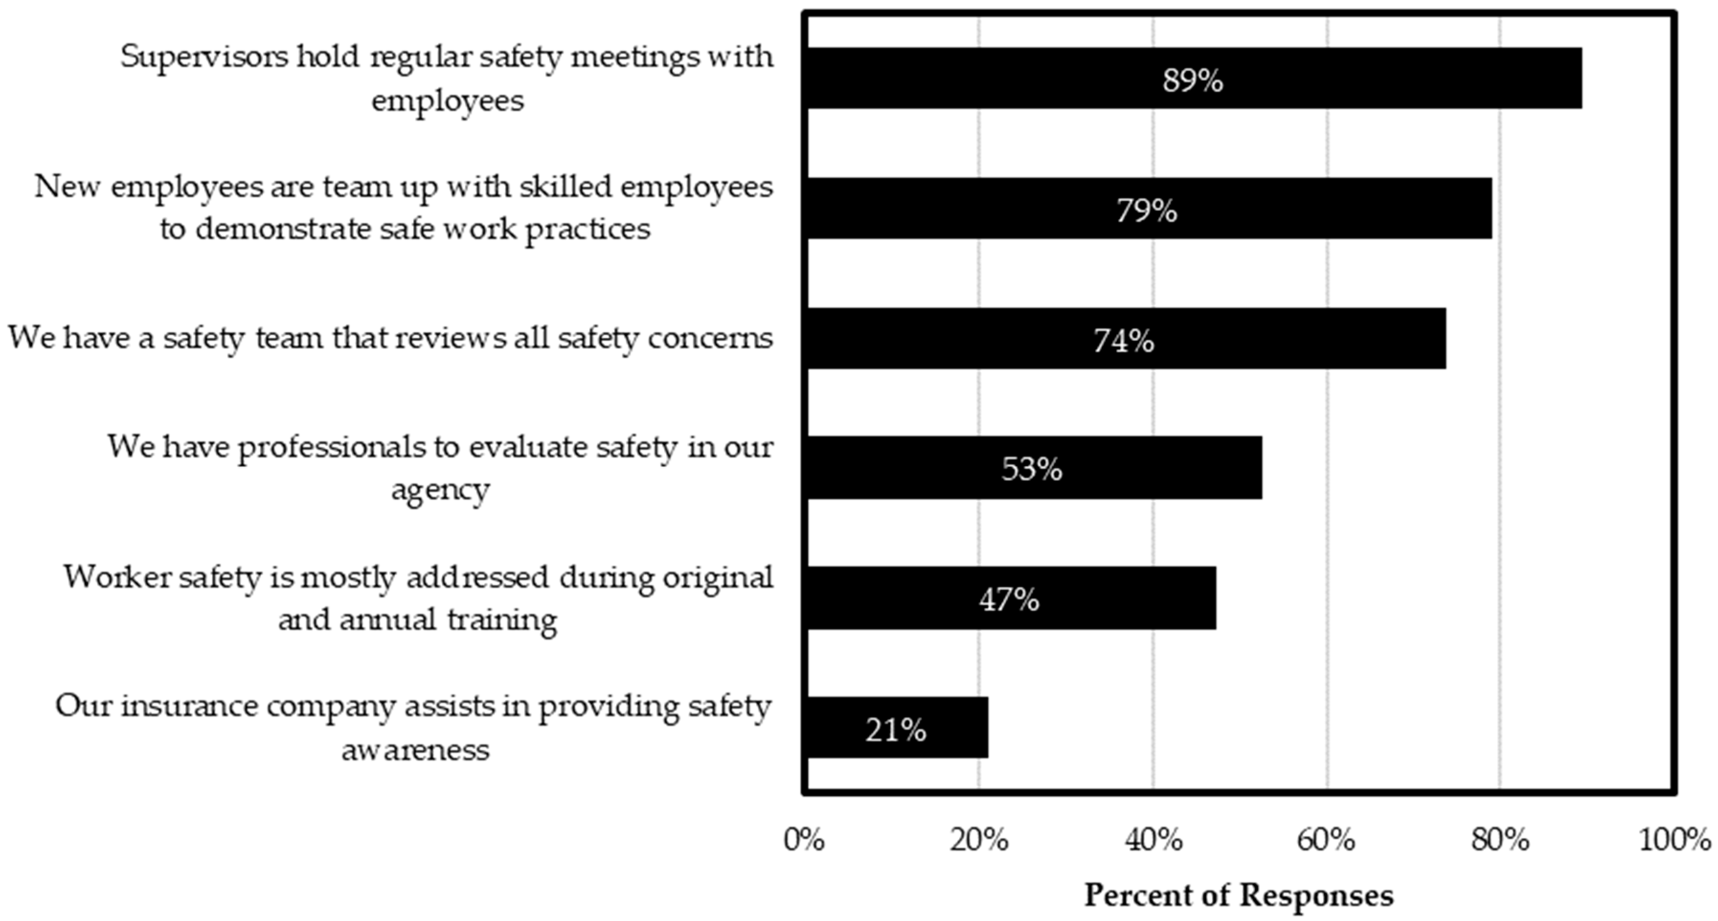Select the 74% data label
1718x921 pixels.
(x=1123, y=341)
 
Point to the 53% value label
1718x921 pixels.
(x=1032, y=470)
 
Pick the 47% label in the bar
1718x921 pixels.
(x=1008, y=599)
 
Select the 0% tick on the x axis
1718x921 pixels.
(x=803, y=840)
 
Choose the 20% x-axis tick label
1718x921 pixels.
(x=978, y=840)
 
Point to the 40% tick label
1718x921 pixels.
(x=1153, y=840)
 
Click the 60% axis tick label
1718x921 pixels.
(x=1326, y=840)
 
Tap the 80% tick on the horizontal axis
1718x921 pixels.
(x=1500, y=840)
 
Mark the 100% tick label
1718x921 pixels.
(x=1674, y=840)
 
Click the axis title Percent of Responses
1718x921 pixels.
(x=1239, y=895)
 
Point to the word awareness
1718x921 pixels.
(x=416, y=750)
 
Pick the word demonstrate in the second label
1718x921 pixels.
(x=283, y=229)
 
